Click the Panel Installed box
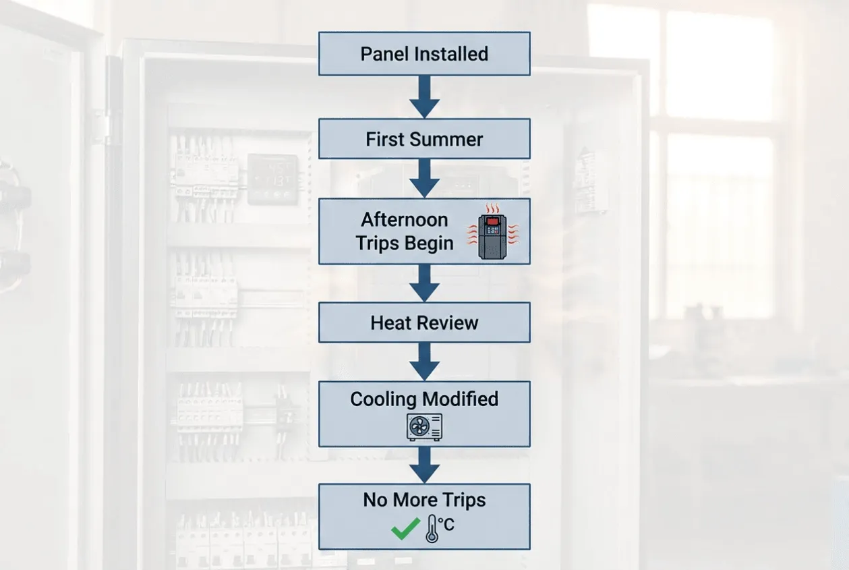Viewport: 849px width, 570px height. tap(424, 53)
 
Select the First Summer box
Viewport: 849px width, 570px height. tap(424, 138)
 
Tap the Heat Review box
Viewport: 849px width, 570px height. tap(424, 322)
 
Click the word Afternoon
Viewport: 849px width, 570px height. tap(405, 220)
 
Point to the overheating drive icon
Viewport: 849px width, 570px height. tap(492, 231)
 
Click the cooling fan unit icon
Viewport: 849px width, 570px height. tap(424, 427)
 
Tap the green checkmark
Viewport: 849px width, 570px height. tap(405, 528)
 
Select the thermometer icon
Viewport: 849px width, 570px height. tap(432, 529)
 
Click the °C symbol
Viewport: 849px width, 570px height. tap(446, 525)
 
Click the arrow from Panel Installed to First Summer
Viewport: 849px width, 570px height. tap(425, 96)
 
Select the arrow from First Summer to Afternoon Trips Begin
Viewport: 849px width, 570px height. tap(425, 178)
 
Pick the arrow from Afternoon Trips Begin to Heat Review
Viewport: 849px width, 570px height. tap(425, 283)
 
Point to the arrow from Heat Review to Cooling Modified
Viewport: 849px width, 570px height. tap(425, 362)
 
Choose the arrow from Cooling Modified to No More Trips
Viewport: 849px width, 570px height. tap(425, 465)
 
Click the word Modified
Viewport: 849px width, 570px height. tap(460, 399)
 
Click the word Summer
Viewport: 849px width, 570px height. tap(448, 139)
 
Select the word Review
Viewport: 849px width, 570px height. tap(451, 322)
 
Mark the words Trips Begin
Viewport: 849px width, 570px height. tap(405, 243)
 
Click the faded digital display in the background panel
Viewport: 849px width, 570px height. tap(273, 179)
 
